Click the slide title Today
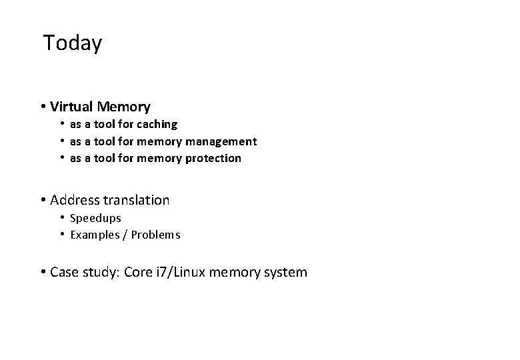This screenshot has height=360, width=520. (x=72, y=43)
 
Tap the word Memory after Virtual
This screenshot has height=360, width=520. (x=123, y=107)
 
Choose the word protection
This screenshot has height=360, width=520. (x=215, y=159)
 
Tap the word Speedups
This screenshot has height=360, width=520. (x=95, y=218)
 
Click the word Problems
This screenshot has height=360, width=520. (x=155, y=235)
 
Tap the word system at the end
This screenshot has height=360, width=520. (x=287, y=272)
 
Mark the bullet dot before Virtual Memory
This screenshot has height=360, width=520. (x=42, y=107)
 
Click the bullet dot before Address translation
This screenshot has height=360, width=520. (x=42, y=200)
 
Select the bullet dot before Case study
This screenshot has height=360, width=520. (x=42, y=272)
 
